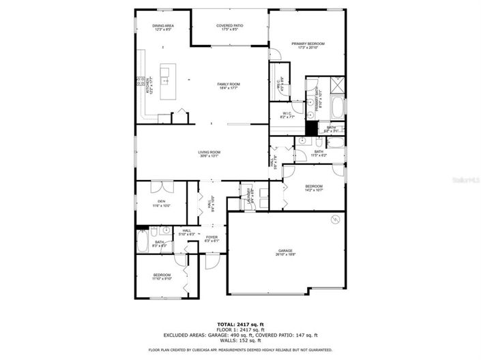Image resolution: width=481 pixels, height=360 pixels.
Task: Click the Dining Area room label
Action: pos(163,28)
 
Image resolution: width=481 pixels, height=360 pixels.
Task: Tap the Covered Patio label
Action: pos(230,28)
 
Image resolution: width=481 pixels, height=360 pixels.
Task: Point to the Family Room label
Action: pos(229,85)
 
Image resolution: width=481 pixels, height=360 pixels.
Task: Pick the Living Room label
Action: pos(209,154)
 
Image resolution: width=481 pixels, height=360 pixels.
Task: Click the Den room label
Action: pos(162,203)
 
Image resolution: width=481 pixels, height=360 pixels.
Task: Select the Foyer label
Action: pos(212,239)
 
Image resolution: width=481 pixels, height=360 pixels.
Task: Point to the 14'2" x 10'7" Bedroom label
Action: pos(314,188)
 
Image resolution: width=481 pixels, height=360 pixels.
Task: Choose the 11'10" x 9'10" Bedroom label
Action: pos(162,276)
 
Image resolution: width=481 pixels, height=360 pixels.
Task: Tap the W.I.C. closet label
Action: pos(287,116)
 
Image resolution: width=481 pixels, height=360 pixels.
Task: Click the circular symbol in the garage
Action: pos(335,219)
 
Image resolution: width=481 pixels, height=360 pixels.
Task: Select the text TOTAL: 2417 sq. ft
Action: pos(240,324)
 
